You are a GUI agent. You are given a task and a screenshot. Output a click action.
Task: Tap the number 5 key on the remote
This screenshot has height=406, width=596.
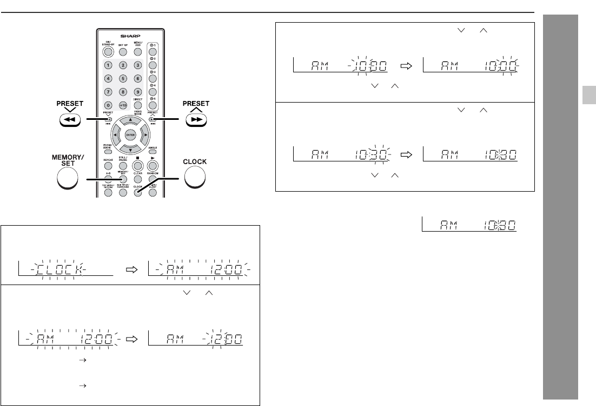pyautogui.click(x=123, y=78)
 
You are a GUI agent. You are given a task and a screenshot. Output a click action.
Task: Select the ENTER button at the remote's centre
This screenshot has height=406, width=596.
pyautogui.click(x=130, y=134)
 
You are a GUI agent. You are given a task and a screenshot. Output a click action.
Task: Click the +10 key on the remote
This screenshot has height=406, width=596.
pyautogui.click(x=123, y=105)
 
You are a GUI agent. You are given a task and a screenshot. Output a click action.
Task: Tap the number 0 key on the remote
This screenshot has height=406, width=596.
pyautogui.click(x=108, y=105)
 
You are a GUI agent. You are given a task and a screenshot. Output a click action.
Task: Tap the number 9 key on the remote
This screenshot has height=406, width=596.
pyautogui.click(x=137, y=92)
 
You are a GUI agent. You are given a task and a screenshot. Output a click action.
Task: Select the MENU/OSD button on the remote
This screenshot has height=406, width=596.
pyautogui.click(x=137, y=52)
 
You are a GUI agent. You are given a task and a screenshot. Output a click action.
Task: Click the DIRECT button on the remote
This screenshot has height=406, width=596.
pyautogui.click(x=137, y=105)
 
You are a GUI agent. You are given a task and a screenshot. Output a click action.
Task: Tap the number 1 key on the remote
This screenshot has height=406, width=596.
pyautogui.click(x=108, y=65)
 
